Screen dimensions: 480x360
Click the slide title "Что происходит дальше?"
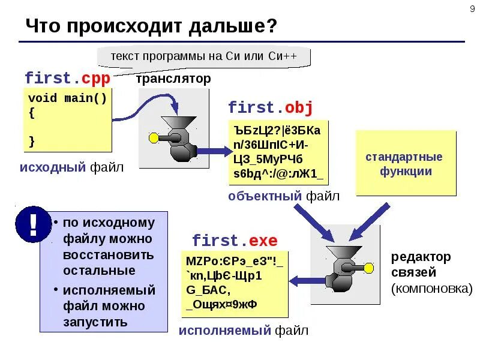152,26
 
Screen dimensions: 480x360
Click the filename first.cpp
68,79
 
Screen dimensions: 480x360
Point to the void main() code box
68,120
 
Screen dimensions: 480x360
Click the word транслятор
173,79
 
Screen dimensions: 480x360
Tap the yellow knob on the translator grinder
154,139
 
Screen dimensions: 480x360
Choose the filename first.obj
270,108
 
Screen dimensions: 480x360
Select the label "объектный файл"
284,196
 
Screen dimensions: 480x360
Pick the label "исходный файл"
71,167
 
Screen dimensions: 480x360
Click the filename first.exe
235,241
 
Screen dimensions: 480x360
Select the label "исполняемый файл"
244,330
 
